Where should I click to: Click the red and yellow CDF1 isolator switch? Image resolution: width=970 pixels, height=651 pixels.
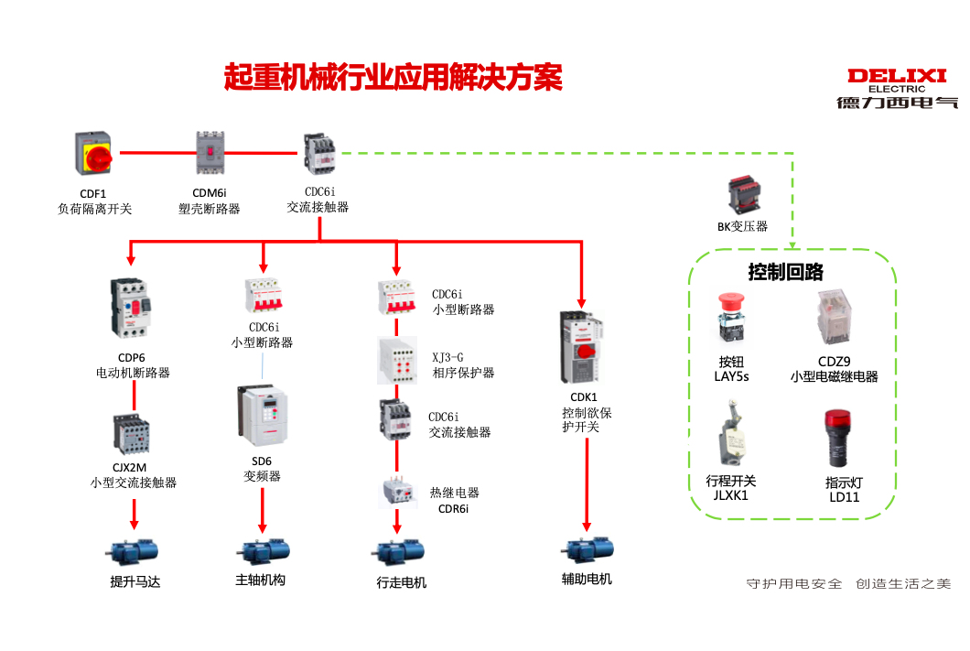(93, 155)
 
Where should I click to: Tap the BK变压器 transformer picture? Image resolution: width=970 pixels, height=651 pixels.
(742, 196)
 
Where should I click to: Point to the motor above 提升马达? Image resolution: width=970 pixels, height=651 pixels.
(134, 552)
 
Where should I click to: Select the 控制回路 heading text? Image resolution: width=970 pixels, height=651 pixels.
(786, 272)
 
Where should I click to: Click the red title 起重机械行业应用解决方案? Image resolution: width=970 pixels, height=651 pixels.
(393, 77)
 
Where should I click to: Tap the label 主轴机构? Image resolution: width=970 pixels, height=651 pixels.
(261, 580)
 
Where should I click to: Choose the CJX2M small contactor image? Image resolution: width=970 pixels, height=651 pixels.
(130, 436)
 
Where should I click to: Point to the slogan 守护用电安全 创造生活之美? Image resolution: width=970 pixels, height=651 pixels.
(848, 584)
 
